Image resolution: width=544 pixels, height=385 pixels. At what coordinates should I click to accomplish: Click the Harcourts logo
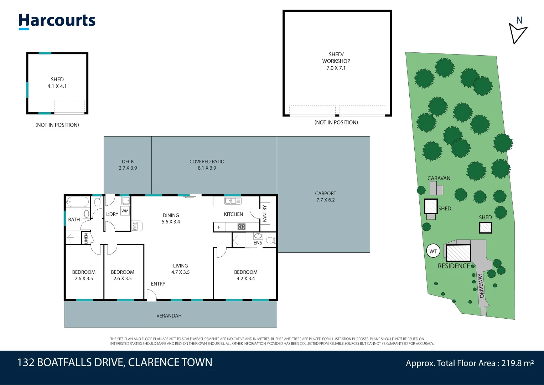click(57, 21)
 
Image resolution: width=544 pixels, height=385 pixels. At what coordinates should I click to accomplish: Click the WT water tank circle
click(433, 251)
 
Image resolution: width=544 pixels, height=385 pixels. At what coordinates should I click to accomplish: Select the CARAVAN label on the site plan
click(439, 178)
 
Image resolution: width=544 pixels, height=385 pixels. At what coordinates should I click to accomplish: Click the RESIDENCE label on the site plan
click(454, 266)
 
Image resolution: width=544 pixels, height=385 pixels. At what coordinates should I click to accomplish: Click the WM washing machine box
click(125, 211)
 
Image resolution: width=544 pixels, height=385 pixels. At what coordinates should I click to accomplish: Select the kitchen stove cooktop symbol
click(242, 227)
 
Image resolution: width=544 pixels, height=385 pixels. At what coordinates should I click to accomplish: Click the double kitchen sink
click(233, 201)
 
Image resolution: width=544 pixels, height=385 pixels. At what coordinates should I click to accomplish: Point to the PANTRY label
click(265, 214)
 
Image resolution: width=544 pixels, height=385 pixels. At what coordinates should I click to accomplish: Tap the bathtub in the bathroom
click(77, 202)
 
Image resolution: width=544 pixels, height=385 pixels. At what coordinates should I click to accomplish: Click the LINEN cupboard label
click(86, 238)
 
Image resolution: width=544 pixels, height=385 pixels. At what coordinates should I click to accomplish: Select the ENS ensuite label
click(258, 243)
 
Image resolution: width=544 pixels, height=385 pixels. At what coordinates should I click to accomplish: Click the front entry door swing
click(152, 296)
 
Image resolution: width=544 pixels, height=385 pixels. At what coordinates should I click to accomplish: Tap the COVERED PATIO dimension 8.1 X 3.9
click(207, 168)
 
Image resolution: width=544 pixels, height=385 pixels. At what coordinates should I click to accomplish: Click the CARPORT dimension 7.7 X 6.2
click(325, 200)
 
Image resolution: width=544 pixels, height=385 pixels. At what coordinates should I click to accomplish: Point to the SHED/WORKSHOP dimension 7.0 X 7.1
click(336, 68)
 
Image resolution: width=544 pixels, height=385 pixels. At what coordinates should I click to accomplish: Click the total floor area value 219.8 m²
click(517, 363)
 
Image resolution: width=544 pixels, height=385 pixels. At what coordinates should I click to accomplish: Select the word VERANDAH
click(169, 316)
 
